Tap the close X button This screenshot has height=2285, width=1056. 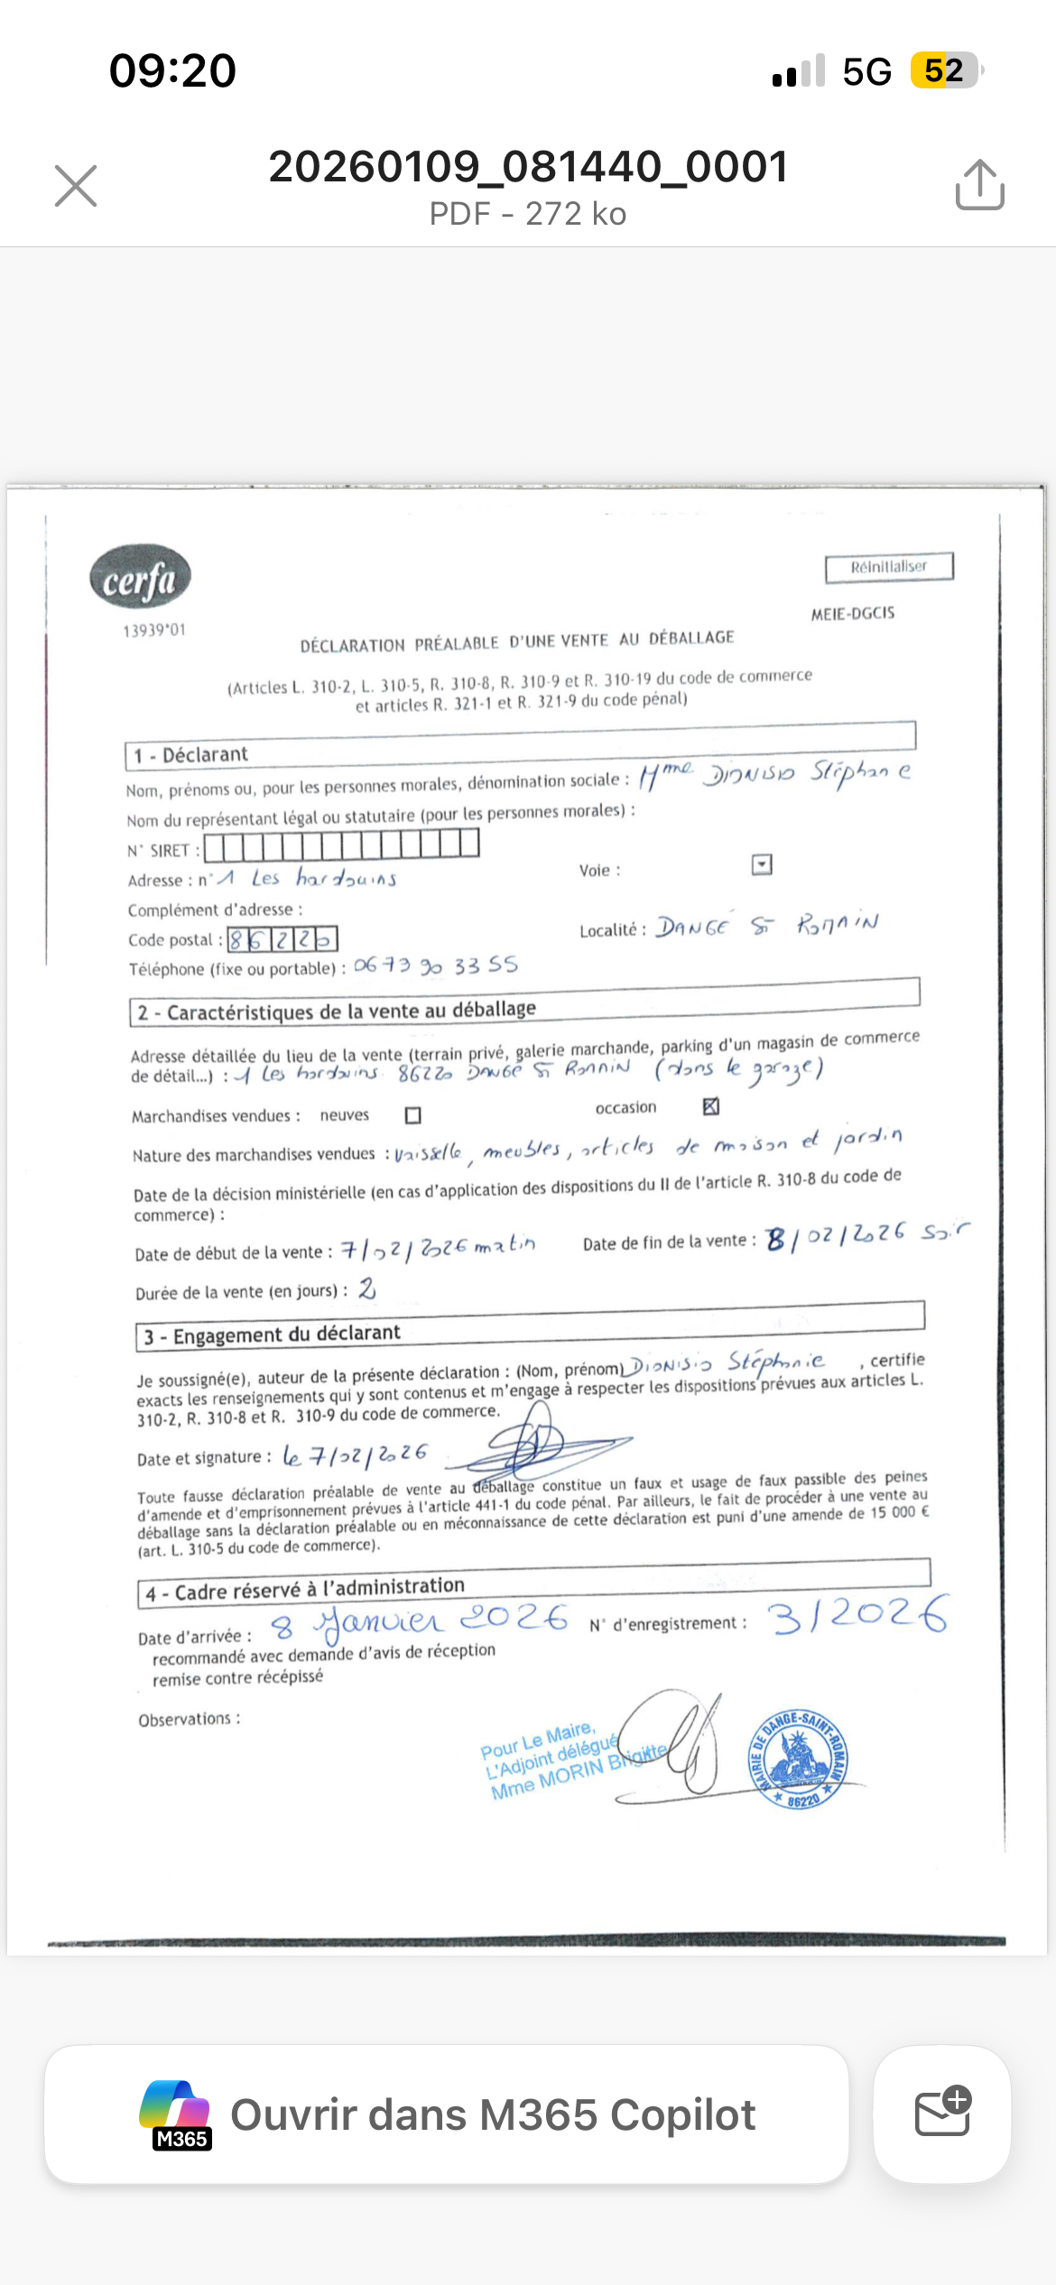(76, 186)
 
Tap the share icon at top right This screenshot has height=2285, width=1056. (979, 186)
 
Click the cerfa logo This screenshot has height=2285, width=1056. (140, 578)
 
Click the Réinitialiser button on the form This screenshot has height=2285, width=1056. (889, 568)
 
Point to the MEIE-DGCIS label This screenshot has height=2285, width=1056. (853, 614)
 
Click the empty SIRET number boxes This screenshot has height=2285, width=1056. (342, 846)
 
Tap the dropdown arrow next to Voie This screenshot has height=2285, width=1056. (762, 865)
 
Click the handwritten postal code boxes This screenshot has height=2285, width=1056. (283, 939)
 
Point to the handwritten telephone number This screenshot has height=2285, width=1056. (436, 966)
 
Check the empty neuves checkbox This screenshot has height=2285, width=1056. (413, 1115)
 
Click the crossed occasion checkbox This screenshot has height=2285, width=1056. (711, 1106)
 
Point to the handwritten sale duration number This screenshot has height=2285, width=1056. (366, 1289)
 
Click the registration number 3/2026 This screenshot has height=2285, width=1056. (857, 1615)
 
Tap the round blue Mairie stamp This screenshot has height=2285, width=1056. (798, 1760)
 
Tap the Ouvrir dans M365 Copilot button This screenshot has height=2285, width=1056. (447, 2114)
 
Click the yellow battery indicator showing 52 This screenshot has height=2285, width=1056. (944, 70)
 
